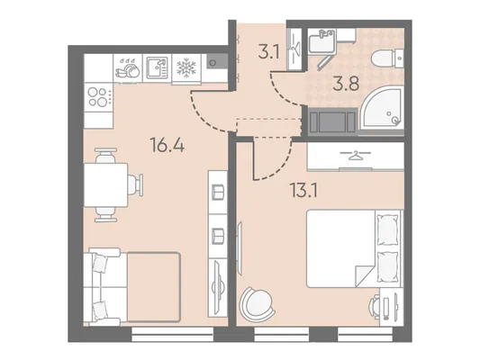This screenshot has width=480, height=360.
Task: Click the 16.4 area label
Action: pyautogui.click(x=168, y=145)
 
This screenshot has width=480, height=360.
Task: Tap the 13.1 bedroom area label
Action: pyautogui.click(x=304, y=190)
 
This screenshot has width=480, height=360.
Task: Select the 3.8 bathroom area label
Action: pyautogui.click(x=346, y=84)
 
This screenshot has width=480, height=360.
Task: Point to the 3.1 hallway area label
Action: pyautogui.click(x=268, y=52)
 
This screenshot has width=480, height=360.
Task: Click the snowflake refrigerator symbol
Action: pyautogui.click(x=186, y=68)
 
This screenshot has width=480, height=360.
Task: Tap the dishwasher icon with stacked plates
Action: pyautogui.click(x=127, y=67)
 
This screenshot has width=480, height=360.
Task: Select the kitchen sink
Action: pyautogui.click(x=157, y=67)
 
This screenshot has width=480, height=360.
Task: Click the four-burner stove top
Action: pyautogui.click(x=98, y=97)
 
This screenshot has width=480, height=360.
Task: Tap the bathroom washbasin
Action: pyautogui.click(x=322, y=40)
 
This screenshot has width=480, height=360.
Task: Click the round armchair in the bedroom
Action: pyautogui.click(x=257, y=302)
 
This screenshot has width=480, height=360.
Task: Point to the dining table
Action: pyautogui.click(x=105, y=185)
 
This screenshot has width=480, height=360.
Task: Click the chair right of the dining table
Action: pyautogui.click(x=135, y=184)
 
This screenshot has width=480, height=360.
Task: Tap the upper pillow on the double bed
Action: pyautogui.click(x=388, y=229)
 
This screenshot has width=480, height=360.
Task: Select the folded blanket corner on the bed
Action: pyautogui.click(x=365, y=275)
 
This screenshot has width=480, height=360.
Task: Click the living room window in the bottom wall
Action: pyautogui.click(x=172, y=334)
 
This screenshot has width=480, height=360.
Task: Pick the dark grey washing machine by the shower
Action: pyautogui.click(x=332, y=121)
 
